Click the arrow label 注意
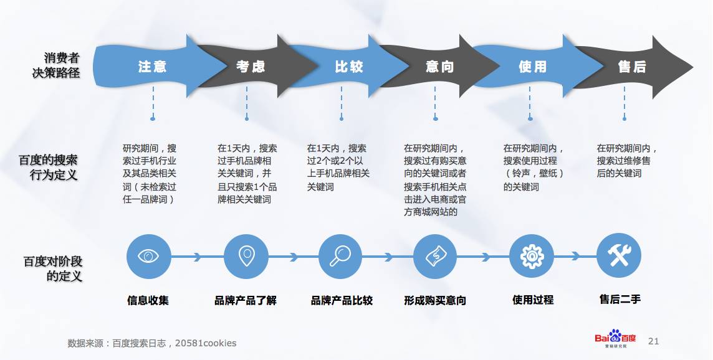point(152,67)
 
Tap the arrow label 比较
point(349,67)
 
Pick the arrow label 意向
point(440,67)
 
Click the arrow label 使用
point(532,67)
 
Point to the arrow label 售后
point(631,67)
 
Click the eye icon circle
point(148,257)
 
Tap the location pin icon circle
point(246,257)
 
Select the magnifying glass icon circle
point(340,257)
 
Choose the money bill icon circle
point(435,257)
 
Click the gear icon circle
point(532,257)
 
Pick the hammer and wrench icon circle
point(619,255)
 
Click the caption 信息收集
point(148,300)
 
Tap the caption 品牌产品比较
point(342,300)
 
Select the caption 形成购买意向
point(435,300)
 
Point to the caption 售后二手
point(620,299)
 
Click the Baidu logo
point(615,339)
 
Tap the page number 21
point(653,341)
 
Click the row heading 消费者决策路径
point(56,65)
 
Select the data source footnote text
point(152,343)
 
